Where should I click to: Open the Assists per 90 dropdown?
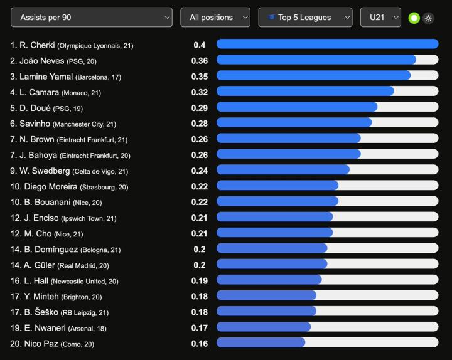pos(91,18)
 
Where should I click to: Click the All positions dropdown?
pos(215,18)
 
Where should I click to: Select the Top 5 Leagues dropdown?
pos(305,18)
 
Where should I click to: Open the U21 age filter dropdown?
pos(380,18)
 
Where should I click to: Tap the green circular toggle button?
pos(414,18)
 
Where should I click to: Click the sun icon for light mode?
pos(428,18)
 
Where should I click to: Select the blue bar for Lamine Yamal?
pos(313,75)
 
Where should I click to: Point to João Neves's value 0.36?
pos(200,61)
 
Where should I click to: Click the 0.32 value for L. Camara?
pos(200,92)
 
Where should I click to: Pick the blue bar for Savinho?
pos(294,122)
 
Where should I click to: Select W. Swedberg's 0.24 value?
pos(200,171)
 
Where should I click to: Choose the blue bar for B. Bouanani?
pos(277,201)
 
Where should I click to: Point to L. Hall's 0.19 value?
pos(200,281)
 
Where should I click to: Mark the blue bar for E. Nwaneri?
pos(263,327)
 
